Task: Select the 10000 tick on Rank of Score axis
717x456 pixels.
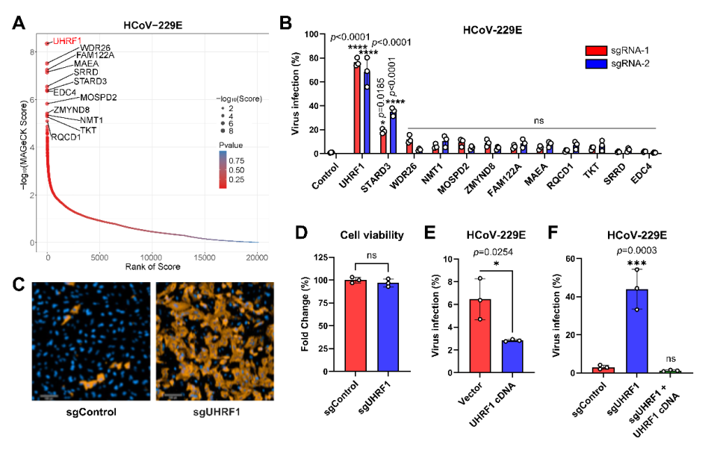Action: click(x=151, y=257)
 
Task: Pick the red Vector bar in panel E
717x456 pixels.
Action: click(x=479, y=336)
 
